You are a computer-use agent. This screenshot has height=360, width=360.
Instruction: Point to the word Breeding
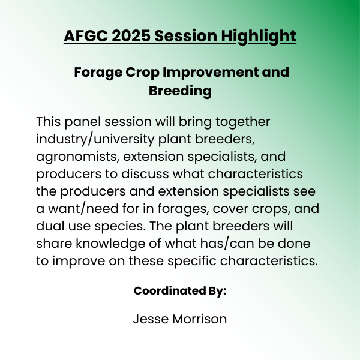[180, 91]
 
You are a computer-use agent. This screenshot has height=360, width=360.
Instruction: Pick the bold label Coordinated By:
[180, 291]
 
